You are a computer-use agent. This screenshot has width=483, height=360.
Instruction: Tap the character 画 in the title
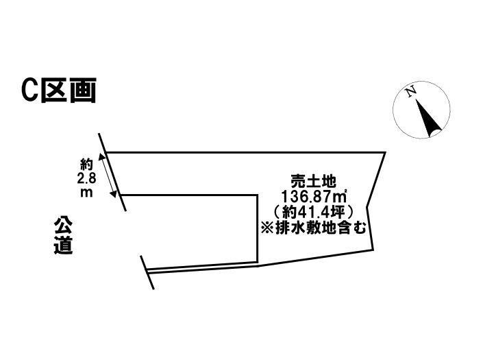(x=82, y=91)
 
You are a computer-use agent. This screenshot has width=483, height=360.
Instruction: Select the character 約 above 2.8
(x=86, y=164)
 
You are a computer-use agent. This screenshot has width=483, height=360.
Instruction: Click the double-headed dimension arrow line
(x=110, y=176)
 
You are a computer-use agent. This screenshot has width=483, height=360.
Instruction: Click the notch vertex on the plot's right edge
(x=368, y=204)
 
